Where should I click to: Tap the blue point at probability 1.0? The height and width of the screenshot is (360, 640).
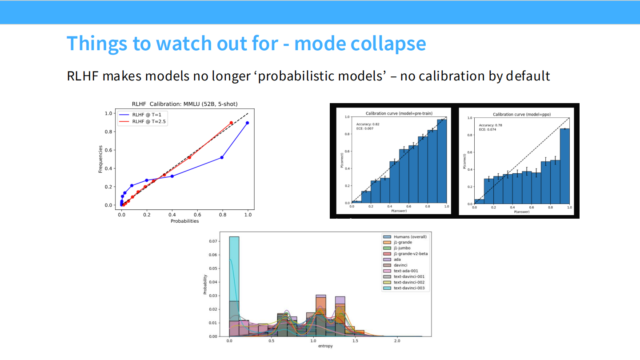point(247,123)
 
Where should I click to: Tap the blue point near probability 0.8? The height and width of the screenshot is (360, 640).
point(222,157)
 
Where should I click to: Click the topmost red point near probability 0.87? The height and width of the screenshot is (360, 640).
point(231,123)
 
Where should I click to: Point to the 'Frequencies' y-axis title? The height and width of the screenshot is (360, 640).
point(101,159)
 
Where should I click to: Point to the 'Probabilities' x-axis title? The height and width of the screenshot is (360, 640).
point(184,221)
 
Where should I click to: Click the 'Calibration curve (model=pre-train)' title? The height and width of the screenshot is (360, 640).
point(399,114)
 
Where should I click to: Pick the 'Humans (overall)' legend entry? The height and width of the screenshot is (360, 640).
point(406,237)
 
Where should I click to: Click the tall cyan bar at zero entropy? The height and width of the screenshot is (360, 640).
point(234,284)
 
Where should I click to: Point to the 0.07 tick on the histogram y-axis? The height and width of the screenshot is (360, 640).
point(214,241)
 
